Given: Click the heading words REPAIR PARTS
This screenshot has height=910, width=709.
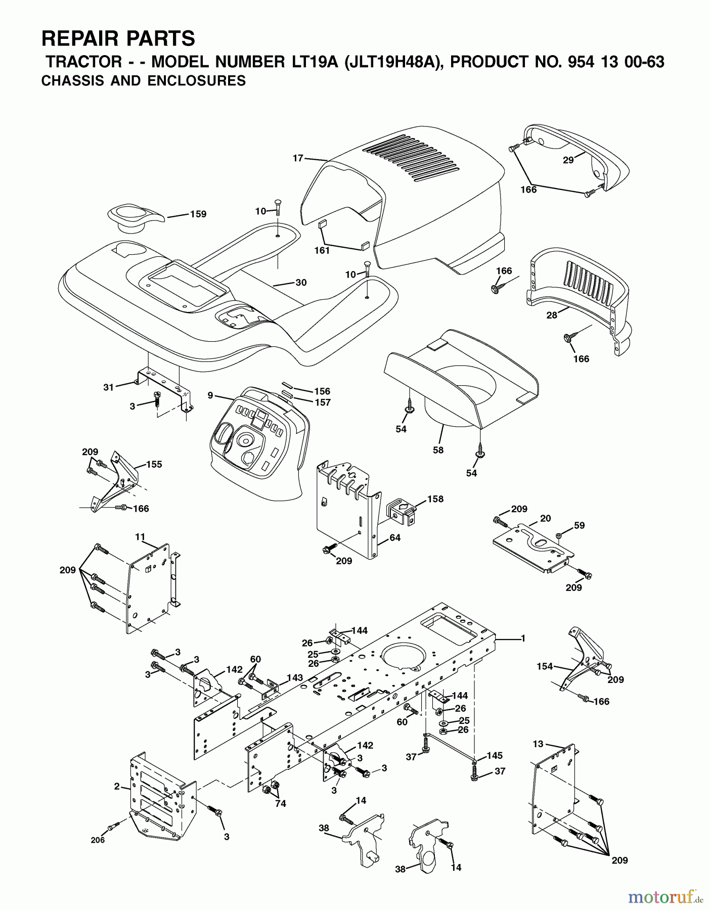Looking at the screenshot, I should pos(118,38).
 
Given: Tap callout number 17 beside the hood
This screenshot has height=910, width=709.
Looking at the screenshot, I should pos(298,158).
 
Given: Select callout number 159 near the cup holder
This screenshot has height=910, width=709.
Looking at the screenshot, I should pos(198,214).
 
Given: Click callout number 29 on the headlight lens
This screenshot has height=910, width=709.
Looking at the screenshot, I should pos(568,160).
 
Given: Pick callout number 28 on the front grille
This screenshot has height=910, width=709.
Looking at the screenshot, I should pos(552,315).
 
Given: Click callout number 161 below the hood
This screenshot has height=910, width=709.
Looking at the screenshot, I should pos(322,250).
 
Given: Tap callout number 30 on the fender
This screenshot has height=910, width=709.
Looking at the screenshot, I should pos(301,283).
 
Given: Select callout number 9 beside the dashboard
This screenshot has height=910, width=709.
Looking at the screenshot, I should pos(210,396).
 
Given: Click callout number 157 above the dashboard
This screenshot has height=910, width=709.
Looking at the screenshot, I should pos(322,402).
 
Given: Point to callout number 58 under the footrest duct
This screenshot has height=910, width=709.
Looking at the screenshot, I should pos(438,449).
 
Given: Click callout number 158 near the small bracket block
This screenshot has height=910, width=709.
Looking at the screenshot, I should pos(435,499).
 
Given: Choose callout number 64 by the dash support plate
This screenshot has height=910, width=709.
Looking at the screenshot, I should pos(395,537).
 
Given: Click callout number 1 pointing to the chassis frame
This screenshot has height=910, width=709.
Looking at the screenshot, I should pos(523,639).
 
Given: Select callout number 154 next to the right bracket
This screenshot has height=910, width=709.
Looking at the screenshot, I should pos(545,666).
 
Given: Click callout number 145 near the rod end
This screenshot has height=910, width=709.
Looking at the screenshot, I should pos(495,755).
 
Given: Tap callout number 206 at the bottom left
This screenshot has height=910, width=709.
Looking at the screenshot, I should pos(98,840).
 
